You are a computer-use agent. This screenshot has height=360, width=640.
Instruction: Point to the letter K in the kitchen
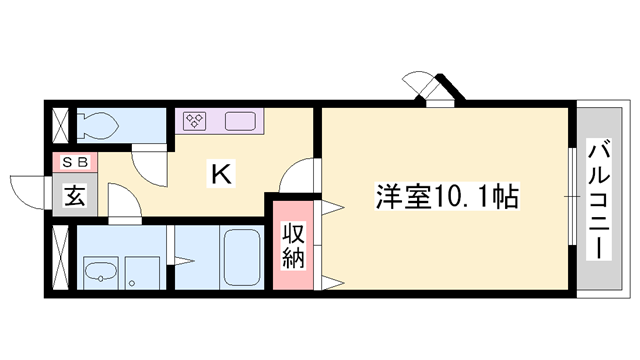click(221, 174)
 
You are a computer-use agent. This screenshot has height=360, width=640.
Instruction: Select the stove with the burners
click(194, 122)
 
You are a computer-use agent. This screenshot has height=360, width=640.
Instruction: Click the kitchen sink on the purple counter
click(241, 122)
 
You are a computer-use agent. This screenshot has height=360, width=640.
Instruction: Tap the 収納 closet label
click(294, 246)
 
